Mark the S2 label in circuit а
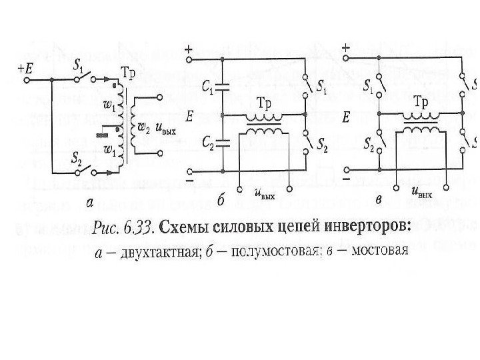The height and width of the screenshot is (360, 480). (x=75, y=159)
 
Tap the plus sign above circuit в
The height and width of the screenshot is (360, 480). (x=345, y=49)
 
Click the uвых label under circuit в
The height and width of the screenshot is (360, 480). (x=422, y=193)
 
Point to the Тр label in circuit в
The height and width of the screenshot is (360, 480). (x=421, y=103)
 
